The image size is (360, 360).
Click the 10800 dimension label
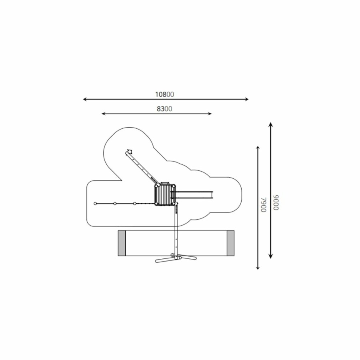pos(165,94)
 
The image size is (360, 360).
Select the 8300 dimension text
pos(164,109)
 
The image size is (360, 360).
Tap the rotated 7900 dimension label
pos(263,204)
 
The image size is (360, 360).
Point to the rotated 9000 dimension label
pos(276,202)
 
